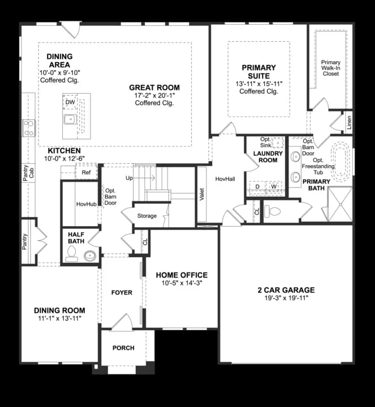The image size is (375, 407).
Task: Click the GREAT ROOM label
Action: tap(154, 88)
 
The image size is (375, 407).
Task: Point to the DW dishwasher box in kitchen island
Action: tap(70, 102)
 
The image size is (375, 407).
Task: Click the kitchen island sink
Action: tap(70, 119)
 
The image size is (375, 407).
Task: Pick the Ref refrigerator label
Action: tap(86, 172)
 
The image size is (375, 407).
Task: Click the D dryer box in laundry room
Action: tap(257, 186)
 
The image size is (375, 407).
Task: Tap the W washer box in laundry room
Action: tap(274, 186)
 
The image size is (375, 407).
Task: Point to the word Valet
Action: tap(202, 194)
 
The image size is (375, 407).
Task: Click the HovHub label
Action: tap(87, 203)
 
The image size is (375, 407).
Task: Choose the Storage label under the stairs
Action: tap(146, 216)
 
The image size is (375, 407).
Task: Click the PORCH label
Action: tap(123, 348)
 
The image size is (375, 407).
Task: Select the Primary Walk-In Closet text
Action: tap(330, 68)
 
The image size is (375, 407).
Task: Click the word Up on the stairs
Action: tap(128, 178)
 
